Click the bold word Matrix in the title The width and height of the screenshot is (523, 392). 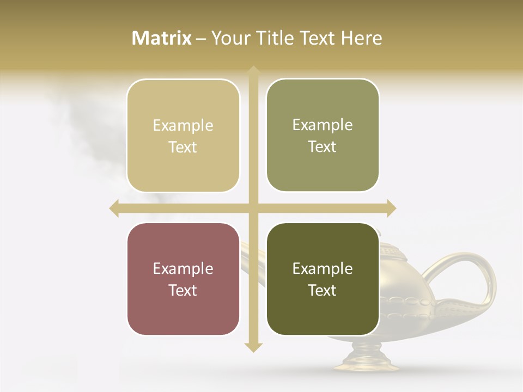pos(162,38)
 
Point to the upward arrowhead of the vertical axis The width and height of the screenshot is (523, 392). pos(253,71)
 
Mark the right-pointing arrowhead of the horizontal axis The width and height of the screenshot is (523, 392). pos(391,208)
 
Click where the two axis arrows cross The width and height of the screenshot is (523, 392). pos(253,208)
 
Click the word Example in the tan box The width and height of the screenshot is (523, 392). pos(183,126)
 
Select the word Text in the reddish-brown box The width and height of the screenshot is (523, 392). pos(183,290)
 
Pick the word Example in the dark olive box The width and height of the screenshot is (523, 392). pos(323,268)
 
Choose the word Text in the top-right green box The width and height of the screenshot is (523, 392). pos(323,146)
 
